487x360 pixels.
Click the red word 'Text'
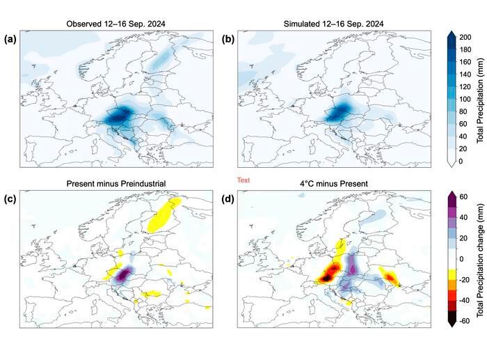tap(243, 180)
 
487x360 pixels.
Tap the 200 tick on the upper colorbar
tap(465, 36)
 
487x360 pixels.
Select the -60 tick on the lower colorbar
tap(466, 322)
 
